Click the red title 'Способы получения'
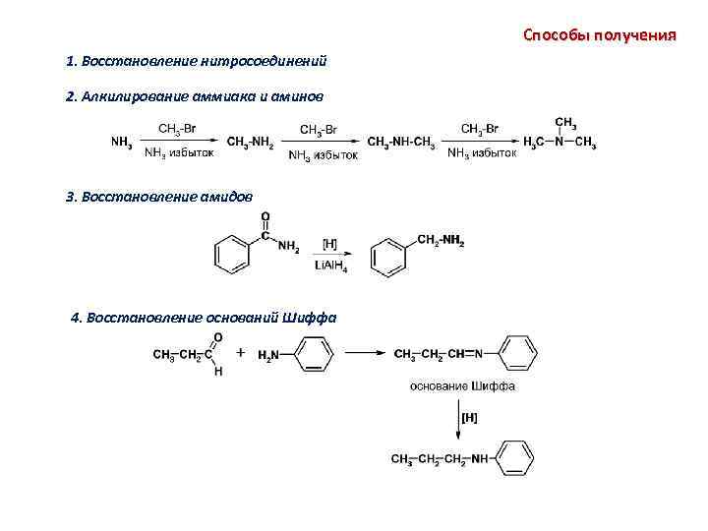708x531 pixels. pyautogui.click(x=599, y=35)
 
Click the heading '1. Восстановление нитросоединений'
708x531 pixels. pyautogui.click(x=196, y=62)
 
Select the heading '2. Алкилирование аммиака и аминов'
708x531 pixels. pyautogui.click(x=193, y=98)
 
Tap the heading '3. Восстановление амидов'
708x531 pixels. pyautogui.click(x=158, y=197)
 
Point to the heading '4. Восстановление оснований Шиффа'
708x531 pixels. pyautogui.click(x=205, y=318)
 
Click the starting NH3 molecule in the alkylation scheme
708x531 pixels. pyautogui.click(x=122, y=143)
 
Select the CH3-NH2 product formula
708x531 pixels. pyautogui.click(x=250, y=143)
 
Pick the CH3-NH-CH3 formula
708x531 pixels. pyautogui.click(x=400, y=143)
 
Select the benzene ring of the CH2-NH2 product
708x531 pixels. pyautogui.click(x=388, y=258)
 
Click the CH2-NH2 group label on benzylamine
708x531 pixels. pyautogui.click(x=441, y=240)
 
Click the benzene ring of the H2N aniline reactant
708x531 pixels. pyautogui.click(x=313, y=354)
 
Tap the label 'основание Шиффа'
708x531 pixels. pyautogui.click(x=462, y=386)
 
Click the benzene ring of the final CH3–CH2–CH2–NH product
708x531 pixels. pyautogui.click(x=515, y=458)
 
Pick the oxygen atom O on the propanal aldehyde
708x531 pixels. pyautogui.click(x=217, y=337)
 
